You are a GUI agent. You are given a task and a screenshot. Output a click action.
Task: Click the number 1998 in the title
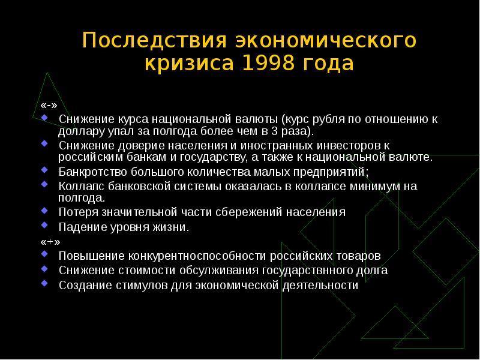(268, 63)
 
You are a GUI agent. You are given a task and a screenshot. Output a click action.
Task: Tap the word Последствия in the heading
(155, 40)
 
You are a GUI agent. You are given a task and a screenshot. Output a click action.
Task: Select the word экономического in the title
(326, 40)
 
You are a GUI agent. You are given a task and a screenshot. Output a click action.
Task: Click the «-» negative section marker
(49, 106)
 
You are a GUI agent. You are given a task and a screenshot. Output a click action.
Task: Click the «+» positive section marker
(50, 242)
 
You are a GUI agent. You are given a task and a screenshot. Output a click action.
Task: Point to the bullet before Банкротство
(44, 169)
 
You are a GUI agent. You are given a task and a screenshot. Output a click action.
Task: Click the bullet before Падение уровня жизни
(44, 224)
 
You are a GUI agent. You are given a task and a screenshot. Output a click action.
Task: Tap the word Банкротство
(93, 172)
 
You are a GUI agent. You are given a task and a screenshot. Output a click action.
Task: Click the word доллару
(81, 132)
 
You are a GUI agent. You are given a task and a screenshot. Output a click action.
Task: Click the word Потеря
(78, 212)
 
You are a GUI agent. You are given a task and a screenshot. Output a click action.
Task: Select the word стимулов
(142, 286)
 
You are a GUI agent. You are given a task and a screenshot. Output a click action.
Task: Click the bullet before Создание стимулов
(44, 283)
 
